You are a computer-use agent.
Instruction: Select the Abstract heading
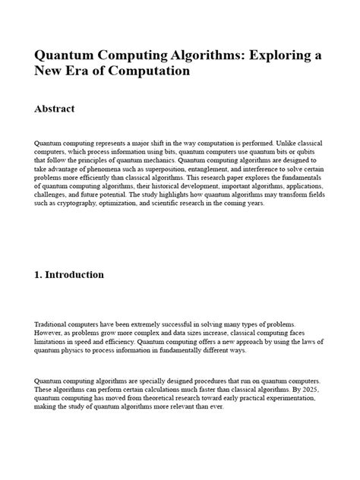(55, 109)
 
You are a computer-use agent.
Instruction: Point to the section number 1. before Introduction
(39, 274)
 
